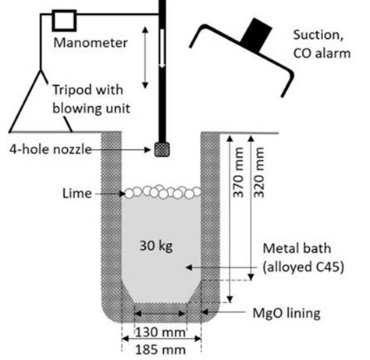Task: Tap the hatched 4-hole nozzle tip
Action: pos(163,148)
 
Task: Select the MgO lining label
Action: pos(282,314)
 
